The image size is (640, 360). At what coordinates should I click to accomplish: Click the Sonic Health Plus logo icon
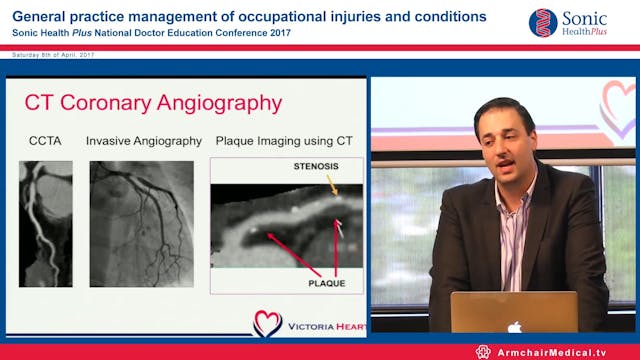[x=543, y=22]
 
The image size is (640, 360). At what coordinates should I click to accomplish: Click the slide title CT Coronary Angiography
[x=153, y=103]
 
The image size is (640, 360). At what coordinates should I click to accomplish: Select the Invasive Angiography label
[x=142, y=141]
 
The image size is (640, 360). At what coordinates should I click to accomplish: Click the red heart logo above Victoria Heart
[x=266, y=323]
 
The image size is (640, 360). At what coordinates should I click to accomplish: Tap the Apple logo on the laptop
[x=513, y=326]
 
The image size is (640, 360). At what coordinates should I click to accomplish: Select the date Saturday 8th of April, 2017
[x=46, y=52]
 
